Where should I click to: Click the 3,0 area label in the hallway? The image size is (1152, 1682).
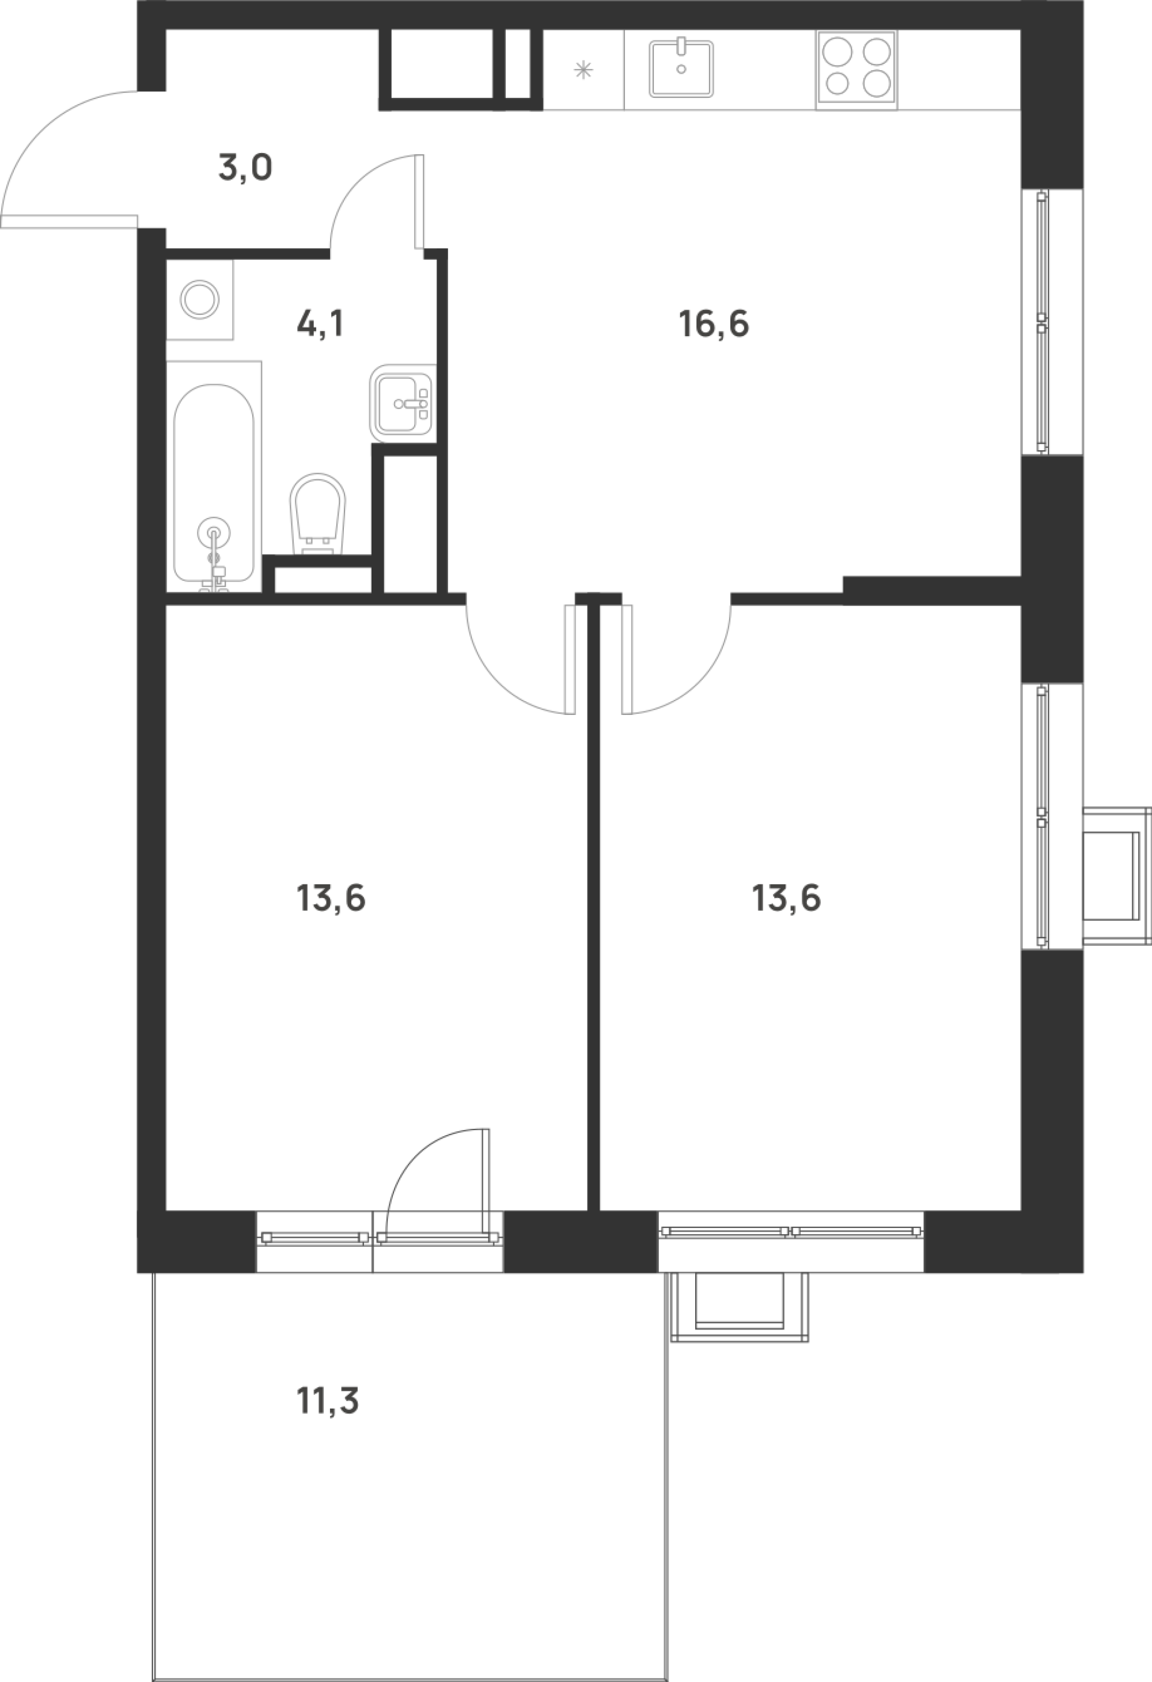pyautogui.click(x=245, y=169)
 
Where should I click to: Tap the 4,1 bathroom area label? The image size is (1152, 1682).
pyautogui.click(x=320, y=323)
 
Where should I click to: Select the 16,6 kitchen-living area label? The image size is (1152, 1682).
pyautogui.click(x=713, y=324)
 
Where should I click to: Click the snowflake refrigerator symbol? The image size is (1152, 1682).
pyautogui.click(x=583, y=70)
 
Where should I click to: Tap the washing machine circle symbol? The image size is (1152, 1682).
pyautogui.click(x=199, y=299)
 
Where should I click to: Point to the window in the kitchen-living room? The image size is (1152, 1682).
pyautogui.click(x=1042, y=322)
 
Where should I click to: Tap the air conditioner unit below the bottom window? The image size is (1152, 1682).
pyautogui.click(x=739, y=1306)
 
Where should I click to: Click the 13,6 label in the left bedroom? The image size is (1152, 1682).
pyautogui.click(x=331, y=898)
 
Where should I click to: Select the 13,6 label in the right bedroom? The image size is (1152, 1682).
pyautogui.click(x=786, y=898)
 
